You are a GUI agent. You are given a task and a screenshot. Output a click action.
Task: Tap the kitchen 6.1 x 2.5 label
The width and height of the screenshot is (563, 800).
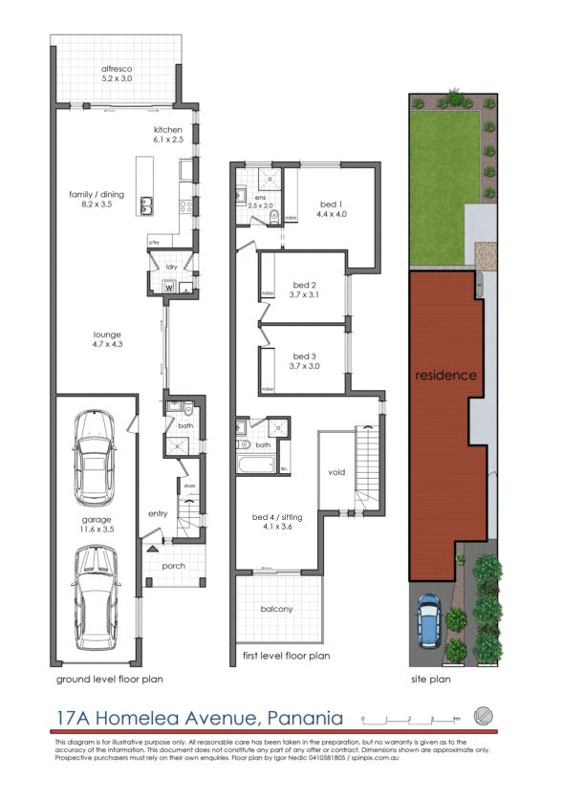tap(167, 134)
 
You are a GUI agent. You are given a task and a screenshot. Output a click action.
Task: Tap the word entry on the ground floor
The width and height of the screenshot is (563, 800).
tap(158, 513)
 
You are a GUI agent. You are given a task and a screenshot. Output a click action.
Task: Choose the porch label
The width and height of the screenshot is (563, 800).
tap(173, 566)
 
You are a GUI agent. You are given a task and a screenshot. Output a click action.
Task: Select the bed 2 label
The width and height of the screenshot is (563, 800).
tap(304, 291)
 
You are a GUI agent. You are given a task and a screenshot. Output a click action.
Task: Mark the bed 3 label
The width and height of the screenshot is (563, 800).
tap(304, 359)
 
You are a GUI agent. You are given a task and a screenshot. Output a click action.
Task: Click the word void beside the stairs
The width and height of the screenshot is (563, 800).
tap(336, 472)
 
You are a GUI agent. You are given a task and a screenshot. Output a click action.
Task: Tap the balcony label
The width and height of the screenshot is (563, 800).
tap(276, 609)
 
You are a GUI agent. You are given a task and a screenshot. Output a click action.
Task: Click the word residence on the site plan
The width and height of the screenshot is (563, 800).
tap(444, 376)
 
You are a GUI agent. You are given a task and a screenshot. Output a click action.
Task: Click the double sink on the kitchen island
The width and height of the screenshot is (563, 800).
tap(148, 204)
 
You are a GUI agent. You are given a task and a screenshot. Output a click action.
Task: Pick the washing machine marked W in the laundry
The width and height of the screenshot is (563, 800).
tap(169, 285)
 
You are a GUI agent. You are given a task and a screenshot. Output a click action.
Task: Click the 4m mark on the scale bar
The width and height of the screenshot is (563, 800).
tap(456, 718)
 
